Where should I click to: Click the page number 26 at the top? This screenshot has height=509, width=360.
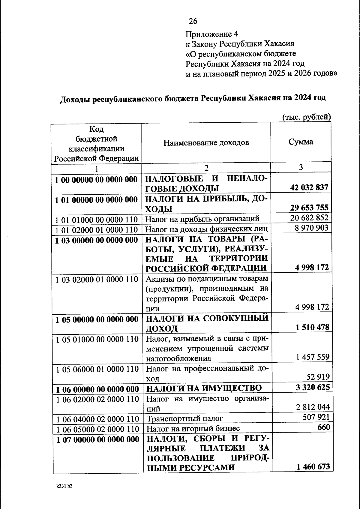[x=193, y=21]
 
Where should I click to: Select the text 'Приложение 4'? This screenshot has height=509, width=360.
[x=212, y=34]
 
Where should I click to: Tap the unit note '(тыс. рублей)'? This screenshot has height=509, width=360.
[x=306, y=117]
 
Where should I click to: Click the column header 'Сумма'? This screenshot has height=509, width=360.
[x=301, y=142]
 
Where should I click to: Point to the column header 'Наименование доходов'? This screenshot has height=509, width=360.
[x=206, y=142]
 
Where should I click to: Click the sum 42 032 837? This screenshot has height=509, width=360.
[x=309, y=188]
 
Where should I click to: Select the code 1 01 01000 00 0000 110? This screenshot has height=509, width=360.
[x=97, y=220]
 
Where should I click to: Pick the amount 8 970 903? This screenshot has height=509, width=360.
[x=311, y=228]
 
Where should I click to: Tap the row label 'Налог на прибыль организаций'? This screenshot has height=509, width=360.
[x=202, y=219]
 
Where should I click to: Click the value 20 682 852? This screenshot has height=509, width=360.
[x=309, y=218]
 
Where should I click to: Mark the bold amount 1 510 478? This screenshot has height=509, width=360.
[x=312, y=327]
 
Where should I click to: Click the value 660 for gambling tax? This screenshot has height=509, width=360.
[x=324, y=427]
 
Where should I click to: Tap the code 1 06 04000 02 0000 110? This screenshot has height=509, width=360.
[x=97, y=419]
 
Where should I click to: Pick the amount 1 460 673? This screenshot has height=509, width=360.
[x=313, y=467]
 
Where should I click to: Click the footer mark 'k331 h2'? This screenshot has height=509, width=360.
[x=64, y=487]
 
